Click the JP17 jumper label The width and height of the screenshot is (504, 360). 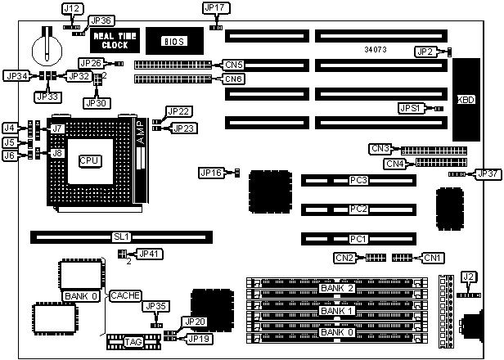pos(213,8)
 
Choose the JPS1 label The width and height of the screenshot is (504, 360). pos(410,108)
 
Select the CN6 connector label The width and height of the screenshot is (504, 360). pos(234,79)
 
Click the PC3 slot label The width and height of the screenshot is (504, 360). pos(358,180)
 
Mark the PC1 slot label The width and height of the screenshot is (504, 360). pos(358,238)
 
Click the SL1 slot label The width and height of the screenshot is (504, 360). pos(121,237)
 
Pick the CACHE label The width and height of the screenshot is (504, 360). pos(126,295)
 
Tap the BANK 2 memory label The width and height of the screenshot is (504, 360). pos(337,288)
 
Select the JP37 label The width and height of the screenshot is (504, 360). pos(487,174)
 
